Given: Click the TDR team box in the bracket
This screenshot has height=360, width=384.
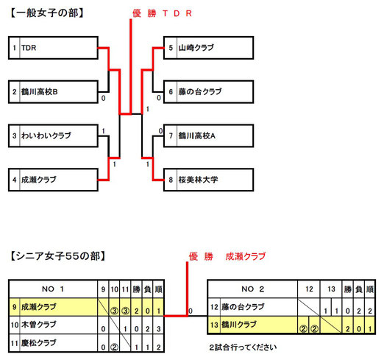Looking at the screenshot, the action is click(x=53, y=48).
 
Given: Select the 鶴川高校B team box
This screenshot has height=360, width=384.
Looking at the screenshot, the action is click(x=53, y=92).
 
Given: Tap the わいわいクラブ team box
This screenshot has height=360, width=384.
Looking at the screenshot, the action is click(x=53, y=136).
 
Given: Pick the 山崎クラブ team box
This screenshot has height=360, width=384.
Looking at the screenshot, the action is click(x=208, y=48).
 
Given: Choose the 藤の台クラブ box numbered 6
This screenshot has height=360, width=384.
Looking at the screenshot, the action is click(x=208, y=92).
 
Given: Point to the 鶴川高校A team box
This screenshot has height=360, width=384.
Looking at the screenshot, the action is click(x=208, y=136).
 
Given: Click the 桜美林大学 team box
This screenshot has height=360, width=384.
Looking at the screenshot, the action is click(x=208, y=180).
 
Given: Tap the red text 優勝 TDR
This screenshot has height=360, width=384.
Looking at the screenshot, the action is click(x=162, y=13).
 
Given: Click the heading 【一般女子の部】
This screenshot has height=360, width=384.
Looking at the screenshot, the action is click(x=47, y=13).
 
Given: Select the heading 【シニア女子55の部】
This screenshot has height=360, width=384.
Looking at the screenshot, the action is click(x=57, y=256).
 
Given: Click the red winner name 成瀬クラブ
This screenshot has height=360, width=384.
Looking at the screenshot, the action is click(x=246, y=256).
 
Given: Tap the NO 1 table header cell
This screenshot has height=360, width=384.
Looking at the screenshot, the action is click(x=53, y=289).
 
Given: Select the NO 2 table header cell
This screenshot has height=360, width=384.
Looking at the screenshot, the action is click(x=252, y=289).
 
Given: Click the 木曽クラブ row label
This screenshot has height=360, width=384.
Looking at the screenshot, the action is click(x=39, y=325).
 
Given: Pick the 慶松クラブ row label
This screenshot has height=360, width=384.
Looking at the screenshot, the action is click(x=39, y=343).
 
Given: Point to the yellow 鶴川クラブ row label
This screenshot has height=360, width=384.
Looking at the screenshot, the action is click(x=239, y=325).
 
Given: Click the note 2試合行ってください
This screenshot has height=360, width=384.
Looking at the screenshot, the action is click(x=243, y=347).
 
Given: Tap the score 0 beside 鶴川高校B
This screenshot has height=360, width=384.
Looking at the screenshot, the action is click(x=104, y=98).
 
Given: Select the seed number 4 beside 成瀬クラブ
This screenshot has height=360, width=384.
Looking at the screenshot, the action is click(x=15, y=180).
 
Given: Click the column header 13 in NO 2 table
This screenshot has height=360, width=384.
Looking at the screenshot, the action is click(x=331, y=289).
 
